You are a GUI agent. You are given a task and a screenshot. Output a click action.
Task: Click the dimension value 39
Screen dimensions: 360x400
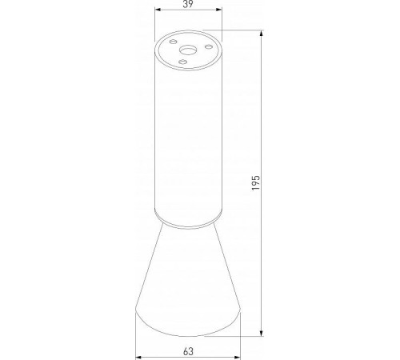point(188,6)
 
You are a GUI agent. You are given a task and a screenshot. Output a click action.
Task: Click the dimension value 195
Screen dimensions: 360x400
point(255,183)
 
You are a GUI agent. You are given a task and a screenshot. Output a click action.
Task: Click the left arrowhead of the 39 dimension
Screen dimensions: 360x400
point(157,12)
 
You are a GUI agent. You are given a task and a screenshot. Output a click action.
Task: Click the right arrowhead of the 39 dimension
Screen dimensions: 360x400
point(218,12)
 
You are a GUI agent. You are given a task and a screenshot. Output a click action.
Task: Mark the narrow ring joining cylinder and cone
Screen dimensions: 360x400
point(188,218)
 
